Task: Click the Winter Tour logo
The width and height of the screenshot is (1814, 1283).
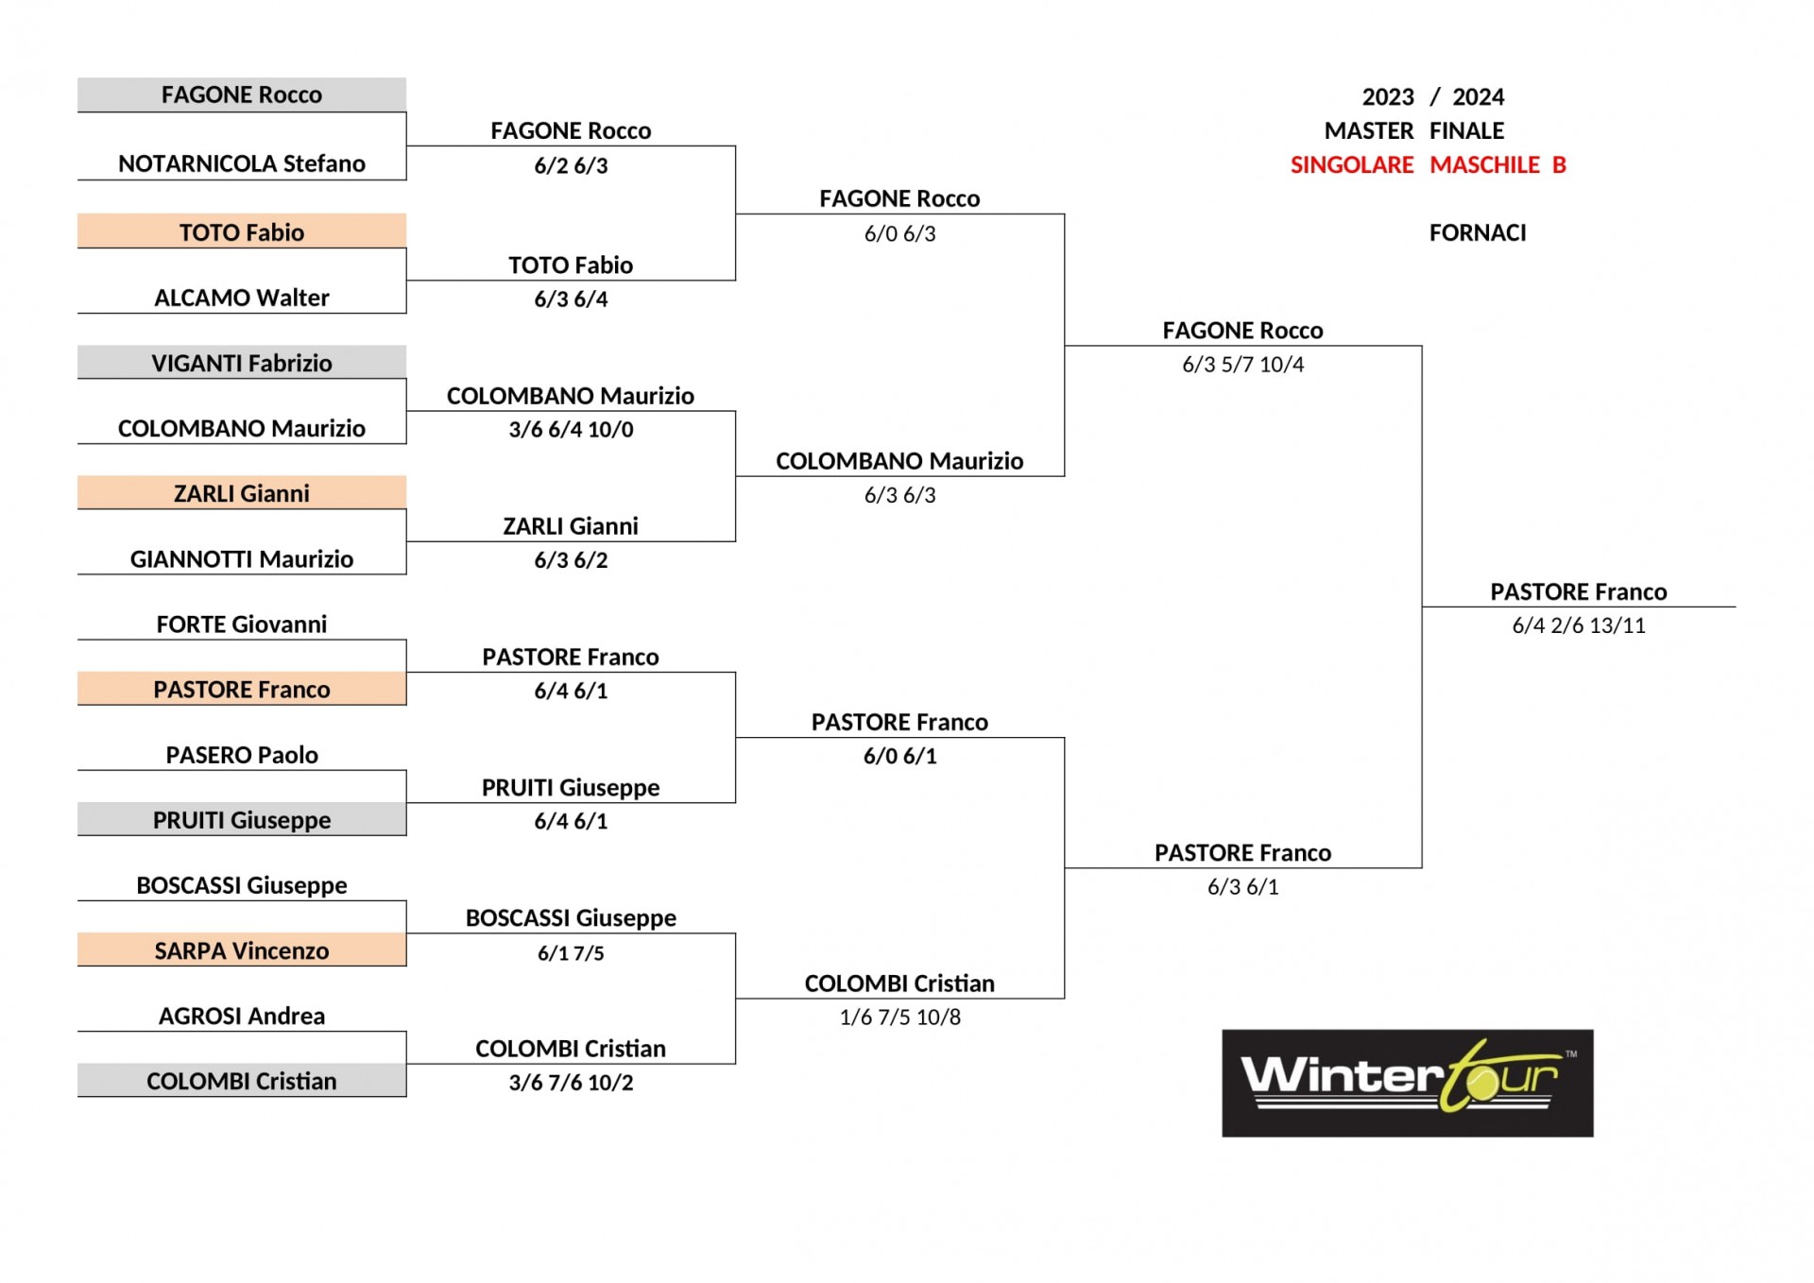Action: point(1407,1083)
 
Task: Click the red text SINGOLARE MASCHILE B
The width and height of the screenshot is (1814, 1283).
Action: point(1429,165)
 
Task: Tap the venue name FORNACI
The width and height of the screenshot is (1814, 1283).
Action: point(1478,233)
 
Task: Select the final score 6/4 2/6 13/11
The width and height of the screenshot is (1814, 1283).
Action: point(1579,625)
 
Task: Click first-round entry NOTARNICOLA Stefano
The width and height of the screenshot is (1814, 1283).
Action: point(242,163)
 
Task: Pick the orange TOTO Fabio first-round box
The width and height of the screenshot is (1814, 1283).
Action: point(242,231)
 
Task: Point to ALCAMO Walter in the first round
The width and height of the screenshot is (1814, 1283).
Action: point(242,298)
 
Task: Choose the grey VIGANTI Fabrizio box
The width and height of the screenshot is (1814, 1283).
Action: point(242,362)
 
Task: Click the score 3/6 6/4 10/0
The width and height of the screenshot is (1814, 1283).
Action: point(571,430)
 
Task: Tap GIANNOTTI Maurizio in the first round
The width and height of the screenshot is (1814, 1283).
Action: point(242,559)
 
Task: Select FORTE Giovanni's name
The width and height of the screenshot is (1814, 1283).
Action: point(242,624)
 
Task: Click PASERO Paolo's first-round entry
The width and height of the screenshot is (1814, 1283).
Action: point(242,755)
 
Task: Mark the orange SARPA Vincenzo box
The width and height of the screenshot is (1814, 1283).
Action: point(242,949)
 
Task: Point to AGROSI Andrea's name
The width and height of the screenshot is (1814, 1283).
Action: point(242,1016)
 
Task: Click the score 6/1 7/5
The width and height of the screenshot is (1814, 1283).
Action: point(571,953)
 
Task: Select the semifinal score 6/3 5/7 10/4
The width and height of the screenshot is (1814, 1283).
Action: point(1242,365)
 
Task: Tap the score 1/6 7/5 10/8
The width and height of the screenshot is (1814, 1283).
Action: point(899,1018)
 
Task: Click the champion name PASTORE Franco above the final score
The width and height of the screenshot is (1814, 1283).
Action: point(1579,591)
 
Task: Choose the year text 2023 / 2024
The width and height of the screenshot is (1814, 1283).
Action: point(1432,97)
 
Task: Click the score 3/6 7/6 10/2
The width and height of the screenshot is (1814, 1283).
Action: point(571,1083)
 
